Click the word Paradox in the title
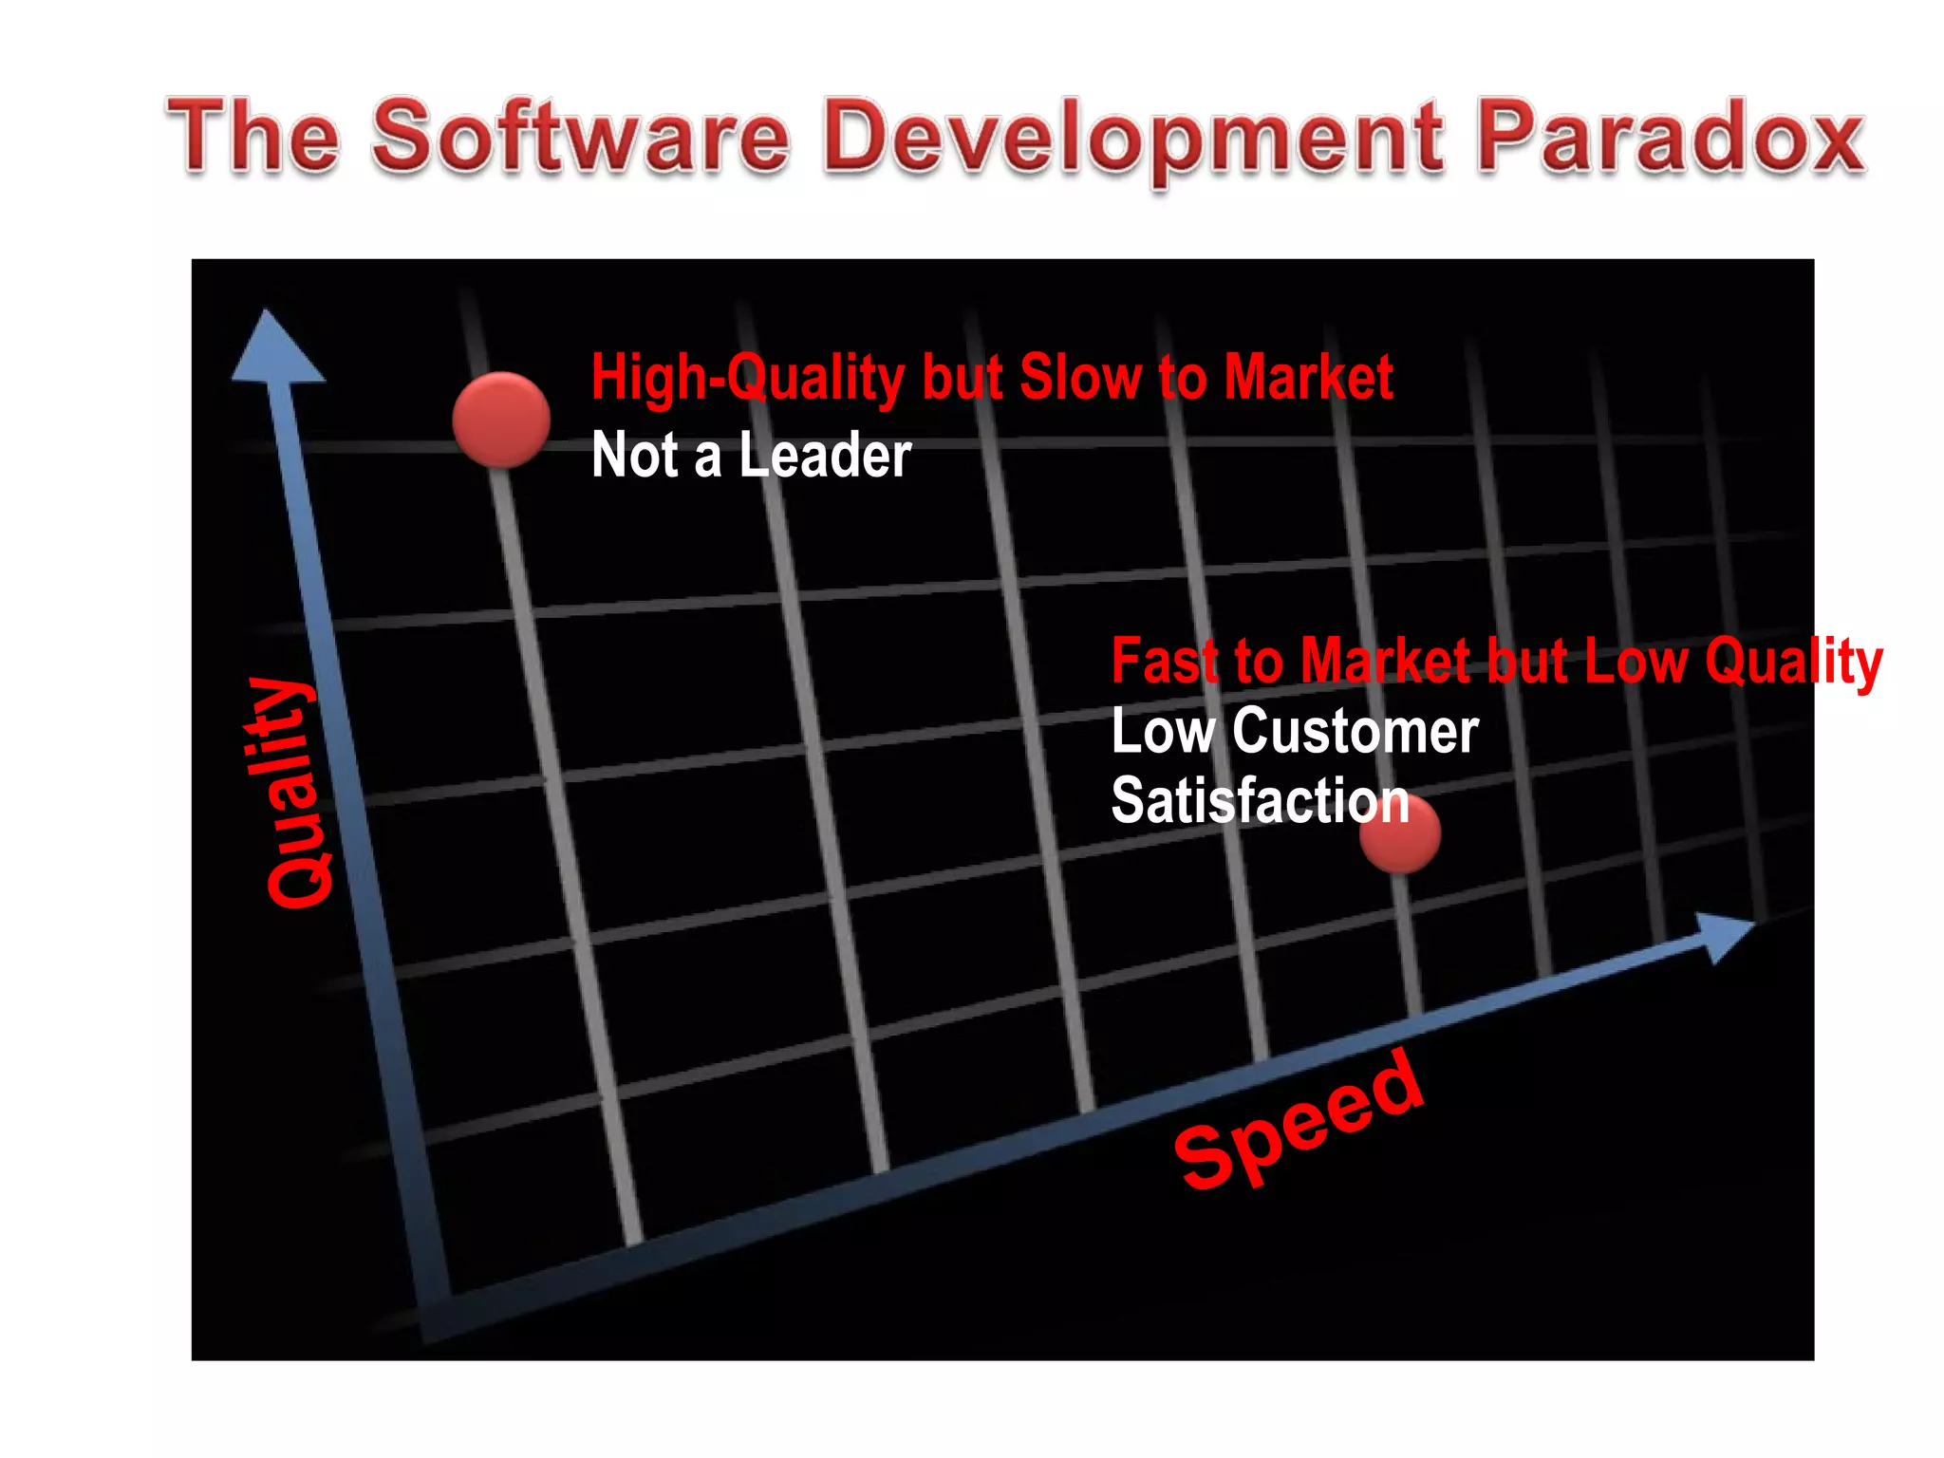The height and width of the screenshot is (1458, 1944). tap(1671, 138)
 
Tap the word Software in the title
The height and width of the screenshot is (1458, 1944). tap(580, 138)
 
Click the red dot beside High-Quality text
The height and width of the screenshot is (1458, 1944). tap(501, 419)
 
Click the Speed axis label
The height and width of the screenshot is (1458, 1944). tap(1299, 1120)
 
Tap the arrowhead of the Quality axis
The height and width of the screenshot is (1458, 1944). tap(274, 347)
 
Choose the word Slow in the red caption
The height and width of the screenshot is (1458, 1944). tap(1080, 378)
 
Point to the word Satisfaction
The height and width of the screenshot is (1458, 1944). tap(1260, 800)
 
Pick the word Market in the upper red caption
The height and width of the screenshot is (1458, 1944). tap(1308, 378)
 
